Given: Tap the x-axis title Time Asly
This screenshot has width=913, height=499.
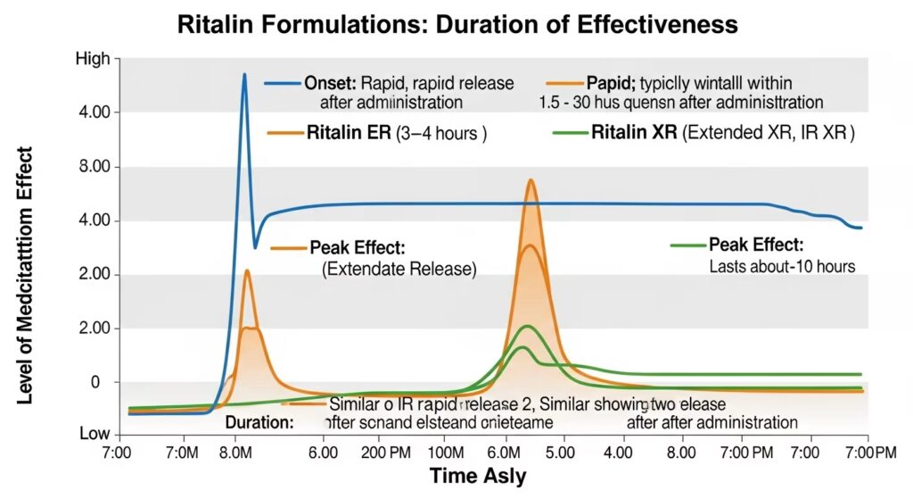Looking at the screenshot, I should coord(478,476).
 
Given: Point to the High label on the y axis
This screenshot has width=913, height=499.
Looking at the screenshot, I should coord(94,59).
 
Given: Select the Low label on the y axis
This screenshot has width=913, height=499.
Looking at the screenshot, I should coord(95,434).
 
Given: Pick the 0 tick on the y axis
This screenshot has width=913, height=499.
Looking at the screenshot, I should coord(104,382).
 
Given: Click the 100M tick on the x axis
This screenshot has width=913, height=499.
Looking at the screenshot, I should coord(452,453).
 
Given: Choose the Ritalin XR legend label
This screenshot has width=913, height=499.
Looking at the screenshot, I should coord(635,134).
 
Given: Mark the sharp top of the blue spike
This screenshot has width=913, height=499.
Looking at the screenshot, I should coord(244,74).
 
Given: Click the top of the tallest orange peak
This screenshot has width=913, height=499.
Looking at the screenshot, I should coord(531,180).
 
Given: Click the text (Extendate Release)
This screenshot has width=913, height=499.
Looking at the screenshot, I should coord(399,268).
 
